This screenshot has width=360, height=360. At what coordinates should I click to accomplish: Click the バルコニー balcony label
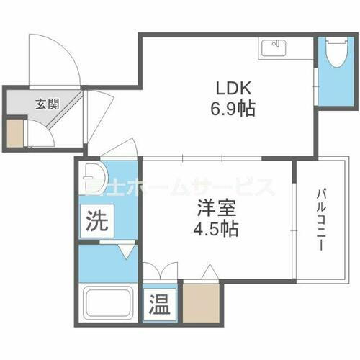pos(318,220)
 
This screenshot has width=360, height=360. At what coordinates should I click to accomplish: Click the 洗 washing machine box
pos(96,220)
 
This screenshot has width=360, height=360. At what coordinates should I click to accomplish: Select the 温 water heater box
pos(160,305)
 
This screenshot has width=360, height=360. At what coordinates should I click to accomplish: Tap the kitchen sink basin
pos(274,48)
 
